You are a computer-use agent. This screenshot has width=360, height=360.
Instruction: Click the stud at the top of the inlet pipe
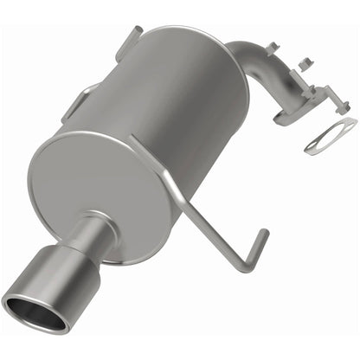click(273, 47)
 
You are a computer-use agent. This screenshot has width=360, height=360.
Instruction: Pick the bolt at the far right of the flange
click(344, 106)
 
